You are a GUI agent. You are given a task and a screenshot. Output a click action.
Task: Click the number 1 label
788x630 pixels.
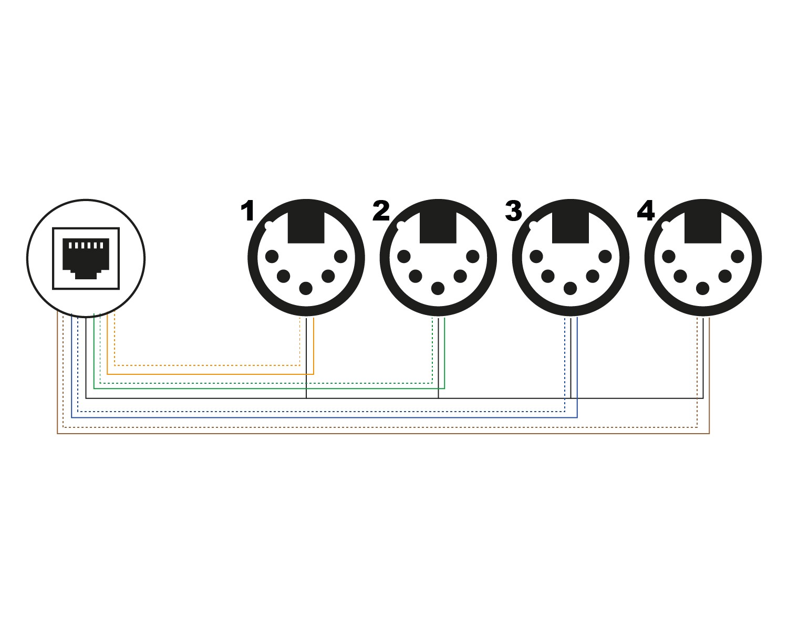(x=247, y=212)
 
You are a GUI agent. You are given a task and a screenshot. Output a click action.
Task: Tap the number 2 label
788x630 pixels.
(x=381, y=212)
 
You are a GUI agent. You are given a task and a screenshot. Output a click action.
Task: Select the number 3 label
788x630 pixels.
(x=513, y=212)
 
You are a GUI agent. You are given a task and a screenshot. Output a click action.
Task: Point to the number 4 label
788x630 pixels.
(x=646, y=212)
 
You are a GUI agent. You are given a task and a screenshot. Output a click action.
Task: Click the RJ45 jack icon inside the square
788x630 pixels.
(x=86, y=258)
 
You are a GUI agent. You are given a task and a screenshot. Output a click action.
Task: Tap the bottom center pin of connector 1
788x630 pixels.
(x=306, y=288)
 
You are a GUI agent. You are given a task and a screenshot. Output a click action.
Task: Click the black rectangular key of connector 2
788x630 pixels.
(x=438, y=227)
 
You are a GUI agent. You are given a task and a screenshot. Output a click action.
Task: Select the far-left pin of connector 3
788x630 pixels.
(x=536, y=257)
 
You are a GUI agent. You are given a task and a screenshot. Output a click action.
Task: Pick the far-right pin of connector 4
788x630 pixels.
(x=738, y=257)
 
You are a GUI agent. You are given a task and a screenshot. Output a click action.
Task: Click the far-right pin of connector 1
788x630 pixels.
(x=341, y=257)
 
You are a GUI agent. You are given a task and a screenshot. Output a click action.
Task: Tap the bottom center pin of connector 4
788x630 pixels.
(x=702, y=288)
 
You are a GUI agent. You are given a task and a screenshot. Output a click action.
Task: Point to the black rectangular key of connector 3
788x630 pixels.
(x=570, y=227)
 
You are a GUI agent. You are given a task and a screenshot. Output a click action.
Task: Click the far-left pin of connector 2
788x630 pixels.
(x=404, y=257)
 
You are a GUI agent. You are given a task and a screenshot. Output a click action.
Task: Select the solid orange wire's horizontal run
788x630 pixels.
(x=210, y=374)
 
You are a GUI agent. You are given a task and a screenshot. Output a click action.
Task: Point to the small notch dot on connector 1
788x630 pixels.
(x=269, y=226)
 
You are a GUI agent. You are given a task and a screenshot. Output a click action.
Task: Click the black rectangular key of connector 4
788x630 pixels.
(x=702, y=227)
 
